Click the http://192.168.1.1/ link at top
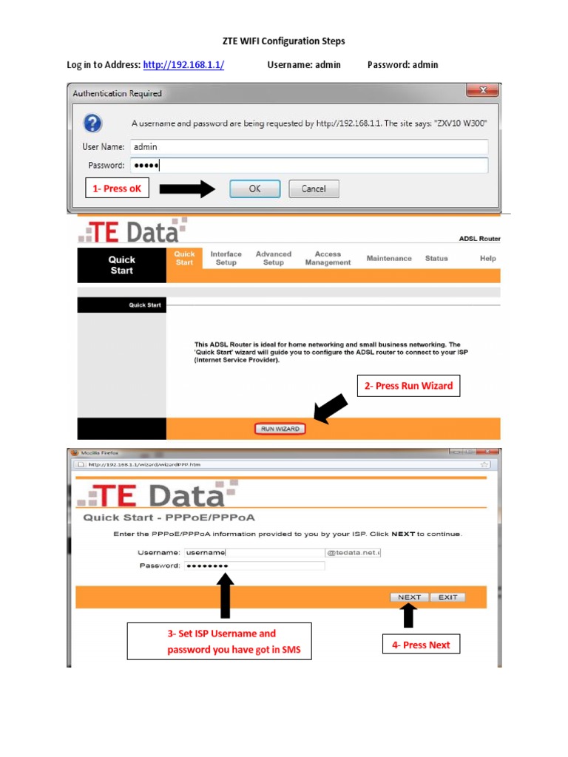pyautogui.click(x=183, y=65)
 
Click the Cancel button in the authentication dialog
pyautogui.click(x=314, y=189)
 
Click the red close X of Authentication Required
pyautogui.click(x=481, y=90)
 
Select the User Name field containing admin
pyautogui.click(x=308, y=146)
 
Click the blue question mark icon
pyautogui.click(x=93, y=123)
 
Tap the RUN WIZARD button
pyautogui.click(x=278, y=429)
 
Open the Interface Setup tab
pyautogui.click(x=226, y=258)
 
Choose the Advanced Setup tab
pyautogui.click(x=273, y=258)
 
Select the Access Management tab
pyautogui.click(x=328, y=258)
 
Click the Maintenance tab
pyautogui.click(x=389, y=259)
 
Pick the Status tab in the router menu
pyautogui.click(x=436, y=259)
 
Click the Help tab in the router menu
pyautogui.click(x=487, y=259)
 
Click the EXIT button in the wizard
pyautogui.click(x=447, y=597)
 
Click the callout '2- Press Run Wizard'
pyautogui.click(x=409, y=386)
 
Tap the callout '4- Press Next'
pyautogui.click(x=421, y=645)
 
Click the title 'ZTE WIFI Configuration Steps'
pyautogui.click(x=284, y=41)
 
